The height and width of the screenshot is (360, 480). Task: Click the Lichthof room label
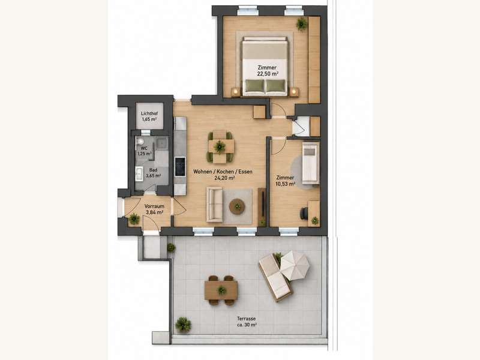[x=149, y=113]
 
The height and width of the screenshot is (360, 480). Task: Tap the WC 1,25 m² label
[x=144, y=151]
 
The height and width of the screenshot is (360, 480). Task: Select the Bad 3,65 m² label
[x=154, y=173]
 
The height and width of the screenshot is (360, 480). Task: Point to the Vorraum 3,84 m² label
[x=154, y=209]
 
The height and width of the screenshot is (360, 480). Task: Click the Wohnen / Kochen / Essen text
[x=223, y=172]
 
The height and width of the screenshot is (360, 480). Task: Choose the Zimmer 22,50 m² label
[x=268, y=70]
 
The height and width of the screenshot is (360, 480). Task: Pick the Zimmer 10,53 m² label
[x=286, y=181]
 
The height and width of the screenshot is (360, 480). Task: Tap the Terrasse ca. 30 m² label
[x=247, y=322]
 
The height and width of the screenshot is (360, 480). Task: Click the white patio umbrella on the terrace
[x=295, y=265]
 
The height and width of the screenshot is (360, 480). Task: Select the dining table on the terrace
[x=221, y=290]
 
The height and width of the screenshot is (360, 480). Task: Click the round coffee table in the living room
[x=237, y=207]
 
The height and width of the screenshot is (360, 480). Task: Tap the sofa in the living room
[x=215, y=204]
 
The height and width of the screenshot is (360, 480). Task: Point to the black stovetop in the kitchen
[x=180, y=167]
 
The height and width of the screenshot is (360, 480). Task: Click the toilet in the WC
[x=140, y=142]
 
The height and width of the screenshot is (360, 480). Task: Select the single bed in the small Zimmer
[x=311, y=163]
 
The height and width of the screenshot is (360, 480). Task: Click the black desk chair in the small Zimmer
[x=304, y=214]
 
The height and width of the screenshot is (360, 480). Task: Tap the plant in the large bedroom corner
[x=302, y=24]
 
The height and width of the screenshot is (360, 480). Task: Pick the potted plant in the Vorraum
[x=134, y=218]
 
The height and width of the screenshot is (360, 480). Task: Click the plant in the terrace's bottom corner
[x=183, y=325]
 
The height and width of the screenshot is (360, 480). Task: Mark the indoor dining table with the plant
[x=220, y=146]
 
